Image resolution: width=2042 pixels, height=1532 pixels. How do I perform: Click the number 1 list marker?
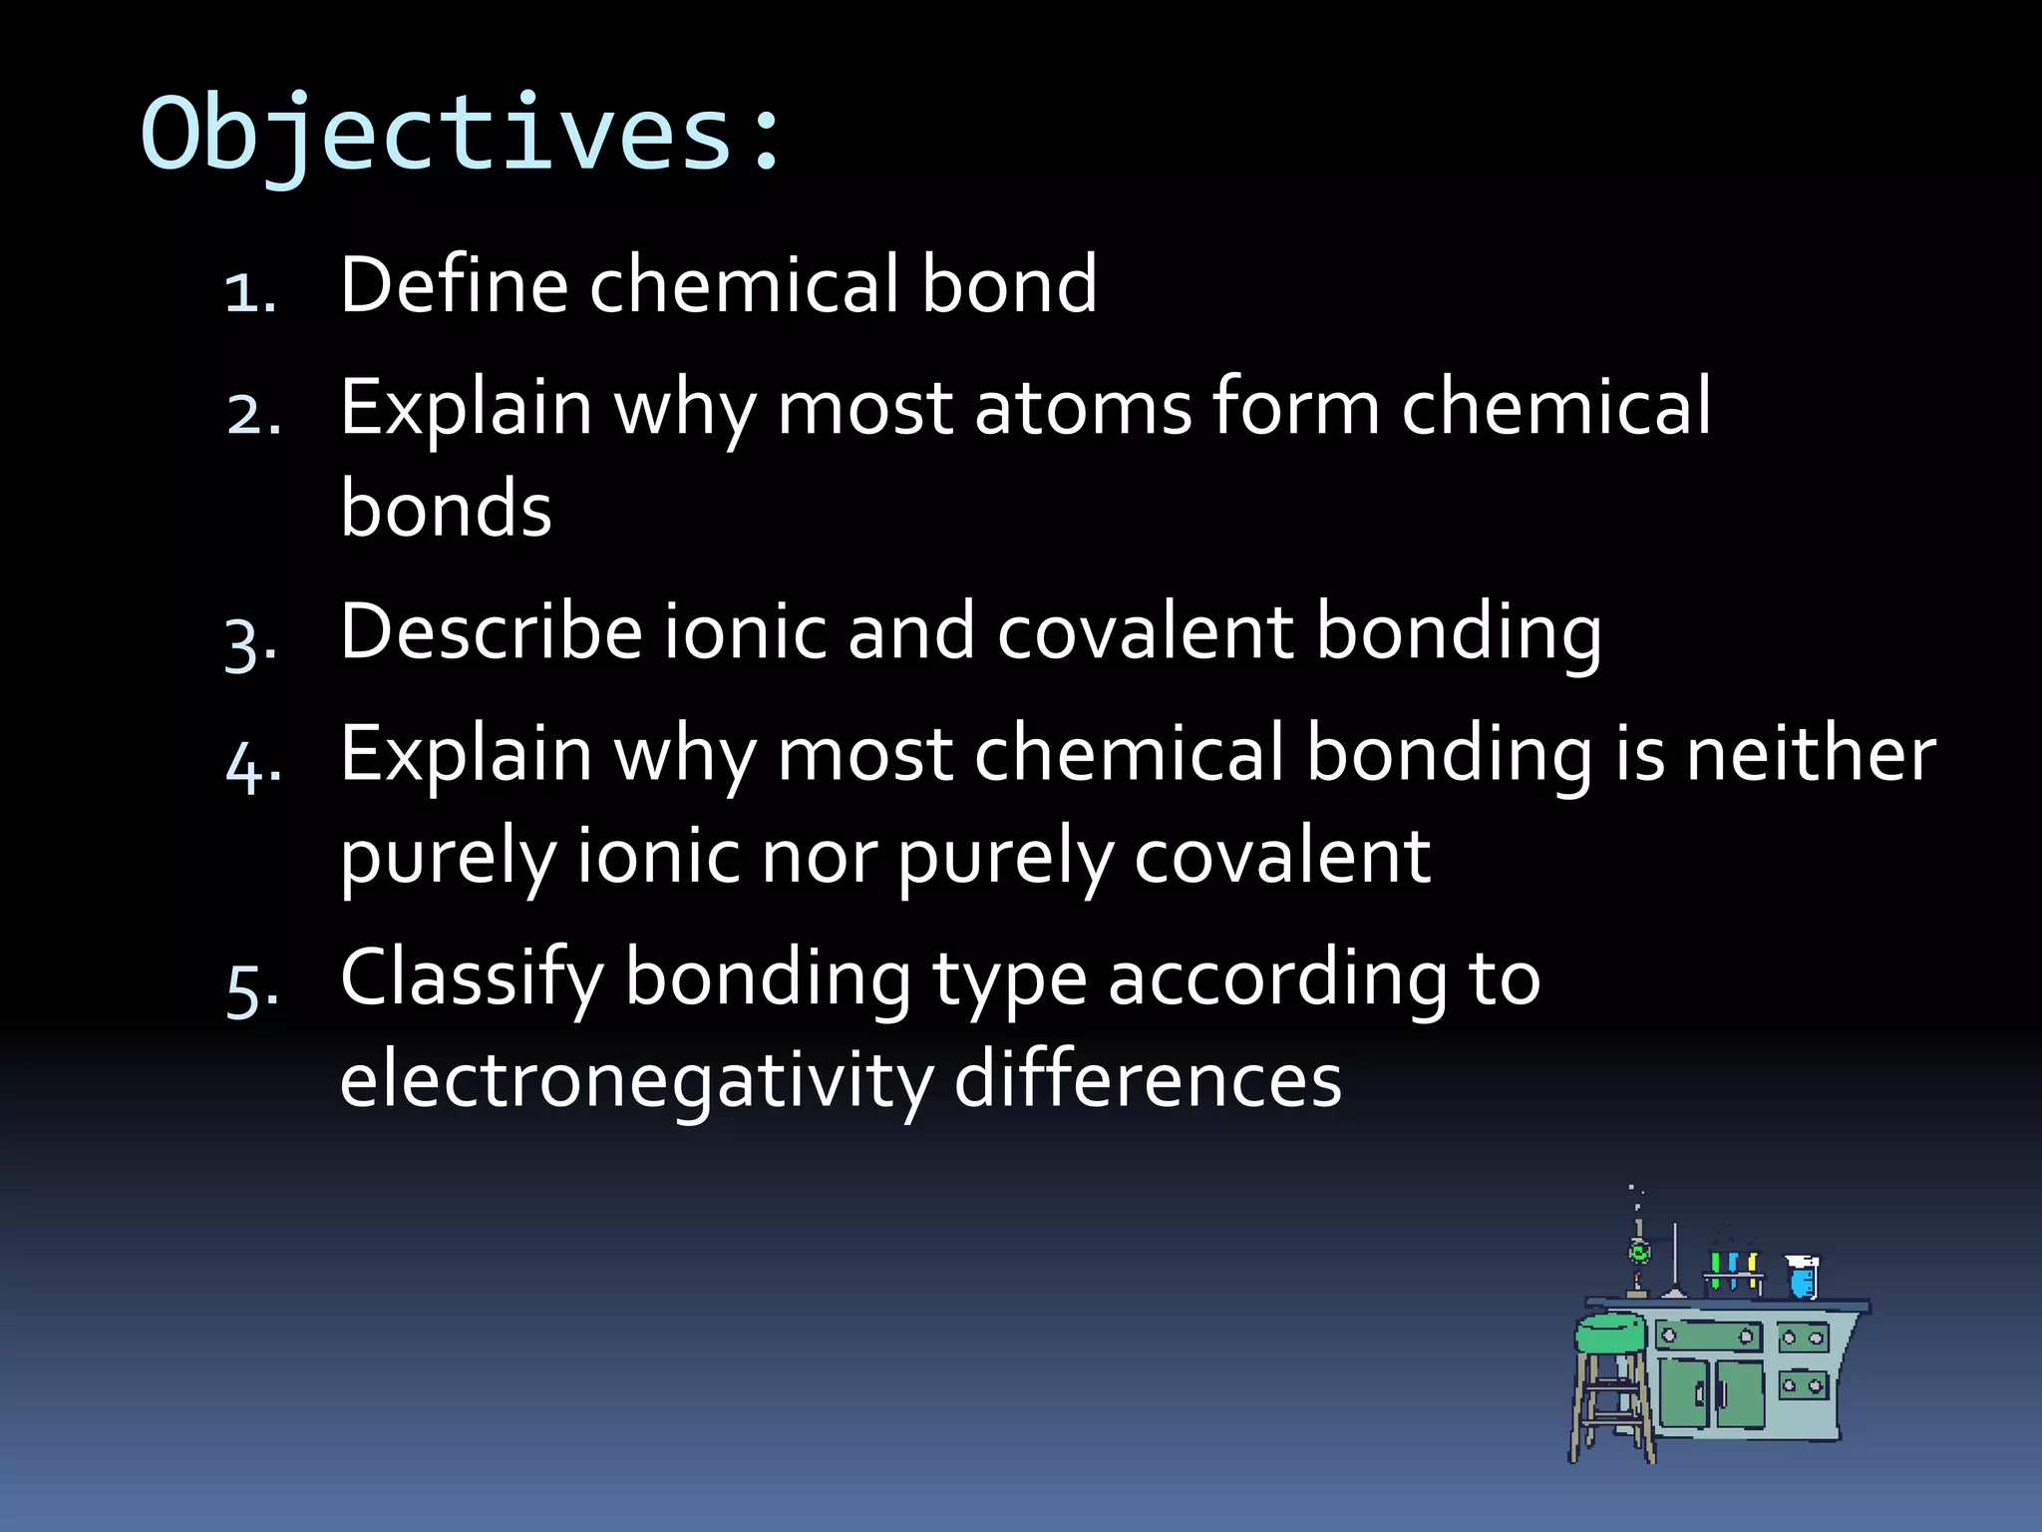click(248, 293)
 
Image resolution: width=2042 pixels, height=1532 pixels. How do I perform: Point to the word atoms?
click(1082, 408)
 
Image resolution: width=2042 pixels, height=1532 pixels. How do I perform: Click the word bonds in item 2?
click(446, 509)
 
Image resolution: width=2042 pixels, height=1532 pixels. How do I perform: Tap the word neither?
click(1810, 754)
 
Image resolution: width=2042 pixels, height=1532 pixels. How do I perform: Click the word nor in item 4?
click(818, 857)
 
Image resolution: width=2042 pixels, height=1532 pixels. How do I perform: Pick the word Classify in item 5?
click(472, 978)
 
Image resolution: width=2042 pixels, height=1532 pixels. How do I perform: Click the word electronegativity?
click(636, 1081)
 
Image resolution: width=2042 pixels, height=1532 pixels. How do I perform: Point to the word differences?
click(1148, 1081)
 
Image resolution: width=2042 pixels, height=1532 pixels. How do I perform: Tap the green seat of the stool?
click(1610, 1333)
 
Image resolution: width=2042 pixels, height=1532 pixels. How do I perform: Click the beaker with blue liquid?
click(1802, 1278)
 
